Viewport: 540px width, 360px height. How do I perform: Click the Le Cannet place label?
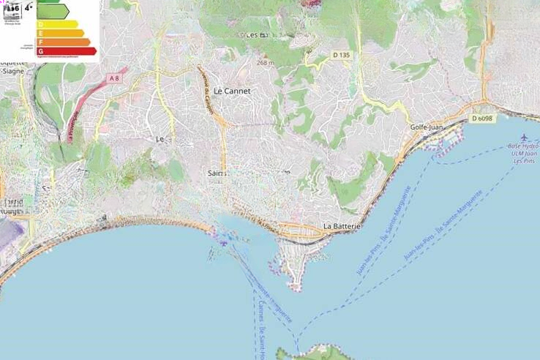pos(232,91)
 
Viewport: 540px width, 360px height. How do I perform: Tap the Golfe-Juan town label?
pos(427,127)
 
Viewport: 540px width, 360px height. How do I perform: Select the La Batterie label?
pos(342,227)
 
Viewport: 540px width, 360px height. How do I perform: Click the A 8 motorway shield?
pos(113,78)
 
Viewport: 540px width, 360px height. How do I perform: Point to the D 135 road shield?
pos(342,55)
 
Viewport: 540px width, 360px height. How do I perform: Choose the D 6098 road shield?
pos(482,119)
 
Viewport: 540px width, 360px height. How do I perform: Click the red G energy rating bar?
pos(66,51)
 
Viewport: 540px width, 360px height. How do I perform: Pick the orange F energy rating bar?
pos(63,42)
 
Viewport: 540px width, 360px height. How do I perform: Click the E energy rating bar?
pos(60,34)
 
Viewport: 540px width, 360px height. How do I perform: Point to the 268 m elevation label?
pos(265,63)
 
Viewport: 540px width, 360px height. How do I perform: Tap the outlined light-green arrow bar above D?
pos(53,11)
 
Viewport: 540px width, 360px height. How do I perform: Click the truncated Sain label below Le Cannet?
pos(217,173)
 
